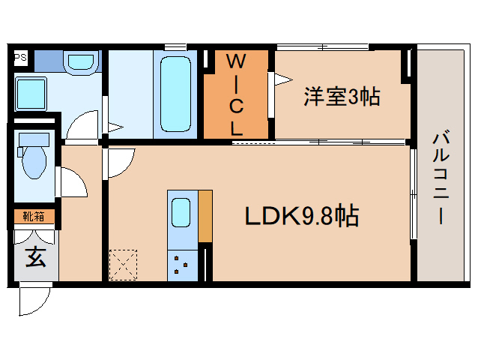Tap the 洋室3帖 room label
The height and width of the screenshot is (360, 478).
(x=341, y=96)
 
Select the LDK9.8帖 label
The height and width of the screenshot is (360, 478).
(x=302, y=216)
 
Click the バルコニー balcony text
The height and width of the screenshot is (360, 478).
(x=441, y=178)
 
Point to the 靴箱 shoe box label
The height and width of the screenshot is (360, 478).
(x=32, y=217)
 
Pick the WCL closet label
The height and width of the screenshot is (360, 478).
(x=236, y=93)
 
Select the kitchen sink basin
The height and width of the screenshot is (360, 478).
(x=181, y=212)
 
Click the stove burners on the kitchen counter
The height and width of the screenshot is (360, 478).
(x=181, y=263)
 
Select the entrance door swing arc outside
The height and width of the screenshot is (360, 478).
(x=34, y=301)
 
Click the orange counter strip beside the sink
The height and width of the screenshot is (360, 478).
(x=205, y=216)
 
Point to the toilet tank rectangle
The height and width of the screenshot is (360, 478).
(x=31, y=139)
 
